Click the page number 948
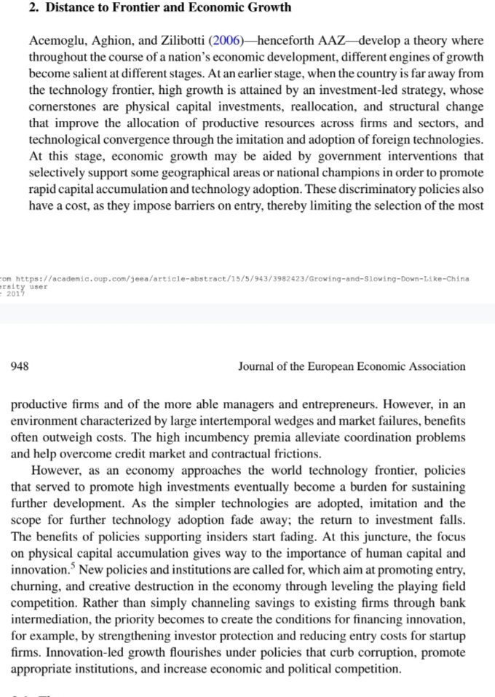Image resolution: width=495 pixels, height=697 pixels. [x=20, y=366]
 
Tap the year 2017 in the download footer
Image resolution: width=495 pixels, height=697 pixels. [x=14, y=295]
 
